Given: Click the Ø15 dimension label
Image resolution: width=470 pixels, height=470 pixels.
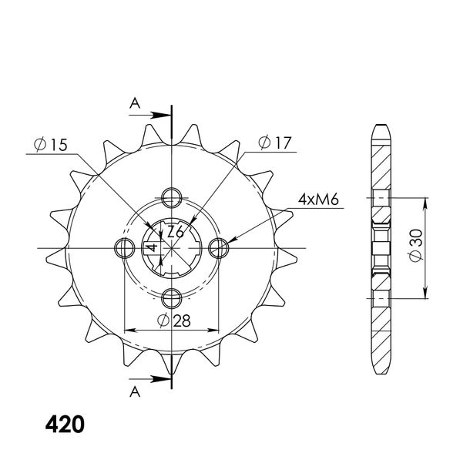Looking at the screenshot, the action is click(x=51, y=145).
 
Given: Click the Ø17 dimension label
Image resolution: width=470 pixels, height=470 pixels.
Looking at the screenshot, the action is click(x=274, y=143).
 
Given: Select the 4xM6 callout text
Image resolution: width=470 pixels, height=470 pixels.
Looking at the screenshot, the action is click(x=318, y=200).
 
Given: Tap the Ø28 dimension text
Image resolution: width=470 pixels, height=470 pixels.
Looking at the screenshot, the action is click(x=174, y=321).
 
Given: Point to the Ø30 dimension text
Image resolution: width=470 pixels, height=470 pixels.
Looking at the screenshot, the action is click(x=415, y=245).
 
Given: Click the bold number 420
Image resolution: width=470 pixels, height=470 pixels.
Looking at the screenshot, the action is click(x=65, y=425).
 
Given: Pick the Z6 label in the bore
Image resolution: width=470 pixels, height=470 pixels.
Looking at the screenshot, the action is click(x=176, y=232).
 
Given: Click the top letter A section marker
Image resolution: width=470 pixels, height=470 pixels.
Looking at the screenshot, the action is click(x=135, y=103).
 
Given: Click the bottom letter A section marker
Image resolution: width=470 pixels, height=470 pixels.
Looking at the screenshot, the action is click(x=135, y=391).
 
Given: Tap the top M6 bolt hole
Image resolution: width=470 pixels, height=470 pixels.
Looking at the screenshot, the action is click(x=172, y=197).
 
